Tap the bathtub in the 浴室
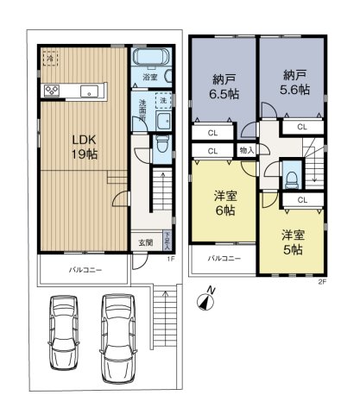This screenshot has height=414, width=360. pyautogui.click(x=151, y=61)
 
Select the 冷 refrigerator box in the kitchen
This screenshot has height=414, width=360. pyautogui.click(x=50, y=60)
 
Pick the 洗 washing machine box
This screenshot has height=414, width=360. pyautogui.click(x=163, y=102)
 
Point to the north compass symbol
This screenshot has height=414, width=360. pyautogui.click(x=205, y=300)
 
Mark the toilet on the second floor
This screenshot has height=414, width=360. pyautogui.click(x=293, y=176)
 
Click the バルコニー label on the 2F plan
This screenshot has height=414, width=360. pyautogui.click(x=223, y=258)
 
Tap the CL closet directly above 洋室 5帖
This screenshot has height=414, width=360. pyautogui.click(x=302, y=199)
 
